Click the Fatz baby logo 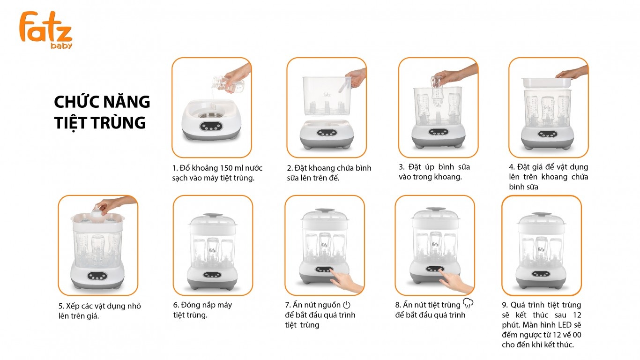click(x=45, y=30)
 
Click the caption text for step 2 click(x=329, y=172)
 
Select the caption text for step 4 click(x=548, y=177)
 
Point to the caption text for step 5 click(x=96, y=311)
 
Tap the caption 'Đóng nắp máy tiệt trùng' click(x=202, y=310)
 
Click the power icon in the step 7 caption click(x=346, y=305)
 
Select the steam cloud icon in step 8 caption click(x=468, y=304)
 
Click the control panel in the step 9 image click(x=541, y=274)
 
